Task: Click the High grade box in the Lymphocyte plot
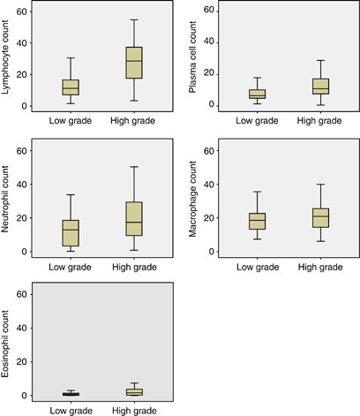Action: click(133, 63)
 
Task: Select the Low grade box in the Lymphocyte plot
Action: click(71, 87)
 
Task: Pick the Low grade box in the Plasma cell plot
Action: click(257, 94)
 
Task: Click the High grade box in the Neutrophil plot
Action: click(133, 218)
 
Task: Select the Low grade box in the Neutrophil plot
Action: click(71, 233)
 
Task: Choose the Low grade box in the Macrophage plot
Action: click(257, 221)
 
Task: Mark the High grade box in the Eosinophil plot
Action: click(133, 391)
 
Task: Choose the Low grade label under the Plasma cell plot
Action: click(257, 119)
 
